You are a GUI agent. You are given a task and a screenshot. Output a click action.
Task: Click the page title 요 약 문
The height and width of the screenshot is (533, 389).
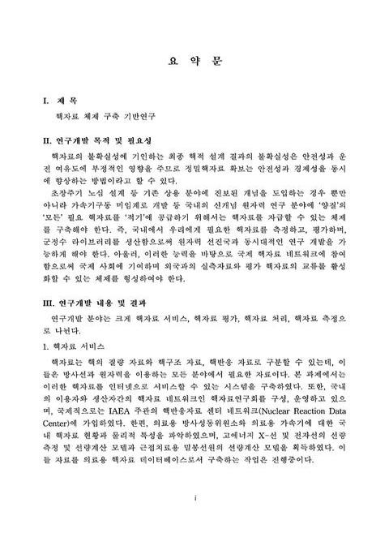194,60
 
